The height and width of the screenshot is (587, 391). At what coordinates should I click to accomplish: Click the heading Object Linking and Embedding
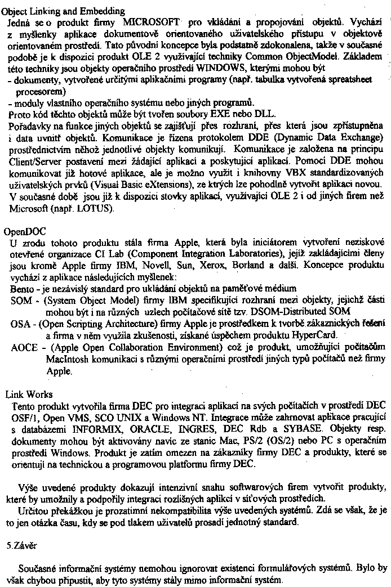tap(64, 11)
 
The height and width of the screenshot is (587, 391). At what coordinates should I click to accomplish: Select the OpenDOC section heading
tap(25, 231)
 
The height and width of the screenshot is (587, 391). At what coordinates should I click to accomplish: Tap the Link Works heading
tap(29, 395)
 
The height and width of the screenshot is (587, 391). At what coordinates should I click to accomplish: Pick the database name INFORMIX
tap(88, 429)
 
